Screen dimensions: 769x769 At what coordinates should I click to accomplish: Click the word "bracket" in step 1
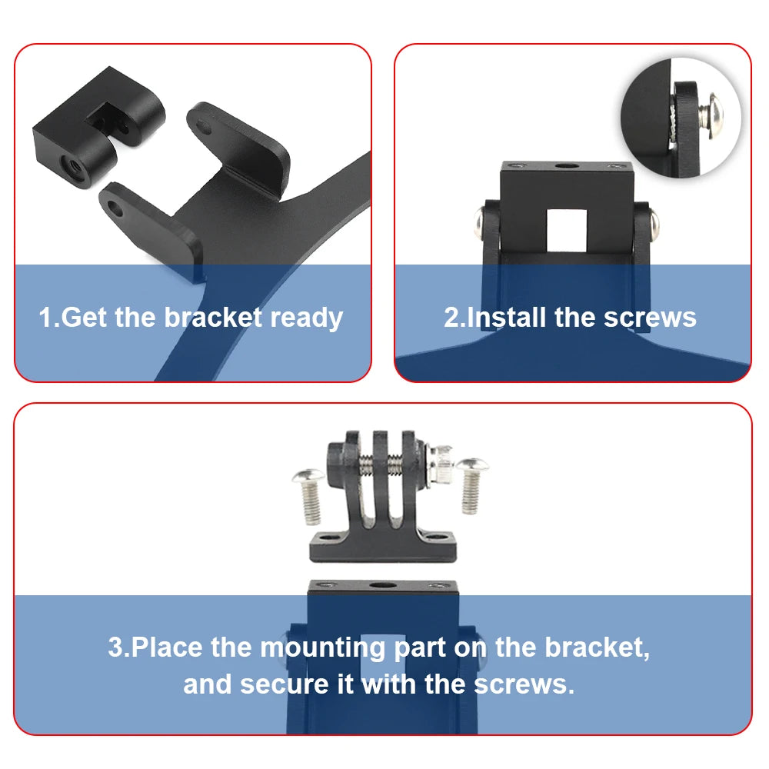[x=213, y=318]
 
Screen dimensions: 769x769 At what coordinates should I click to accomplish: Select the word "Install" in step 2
[x=507, y=318]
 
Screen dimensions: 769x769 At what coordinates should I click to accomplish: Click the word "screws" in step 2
[x=650, y=318]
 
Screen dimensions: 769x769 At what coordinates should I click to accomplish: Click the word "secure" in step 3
[x=285, y=684]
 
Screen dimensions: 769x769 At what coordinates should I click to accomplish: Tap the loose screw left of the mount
[x=309, y=495]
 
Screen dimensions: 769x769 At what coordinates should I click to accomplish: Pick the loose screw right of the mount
[x=472, y=485]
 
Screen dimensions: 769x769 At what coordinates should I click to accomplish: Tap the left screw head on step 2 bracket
[x=480, y=225]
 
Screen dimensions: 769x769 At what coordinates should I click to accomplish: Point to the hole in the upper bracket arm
[x=204, y=128]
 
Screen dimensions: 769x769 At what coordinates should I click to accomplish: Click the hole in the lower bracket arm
[x=116, y=209]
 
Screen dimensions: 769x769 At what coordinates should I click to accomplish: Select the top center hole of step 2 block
[x=566, y=166]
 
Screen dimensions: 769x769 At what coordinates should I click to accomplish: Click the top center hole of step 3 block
[x=382, y=585]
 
